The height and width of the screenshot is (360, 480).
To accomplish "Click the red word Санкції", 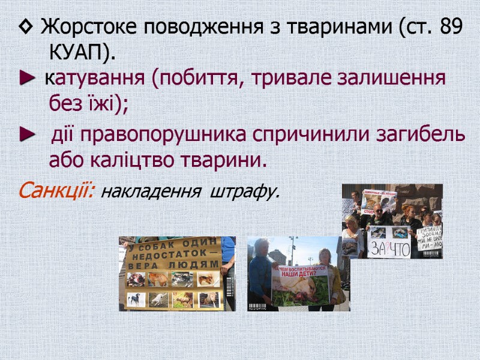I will click(x=55, y=191).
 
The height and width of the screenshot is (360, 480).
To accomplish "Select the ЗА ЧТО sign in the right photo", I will click(x=389, y=248).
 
